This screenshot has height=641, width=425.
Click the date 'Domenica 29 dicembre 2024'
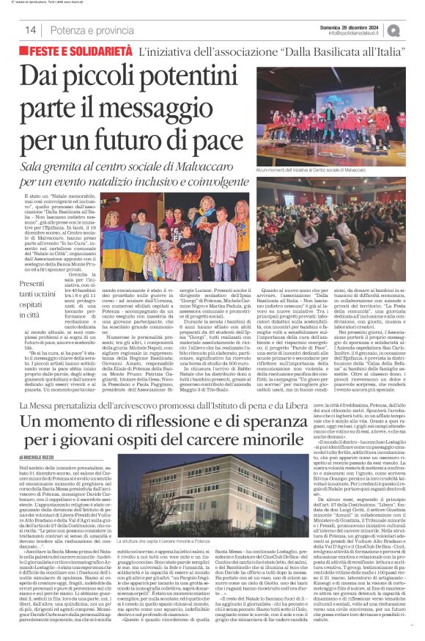[352, 26]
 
